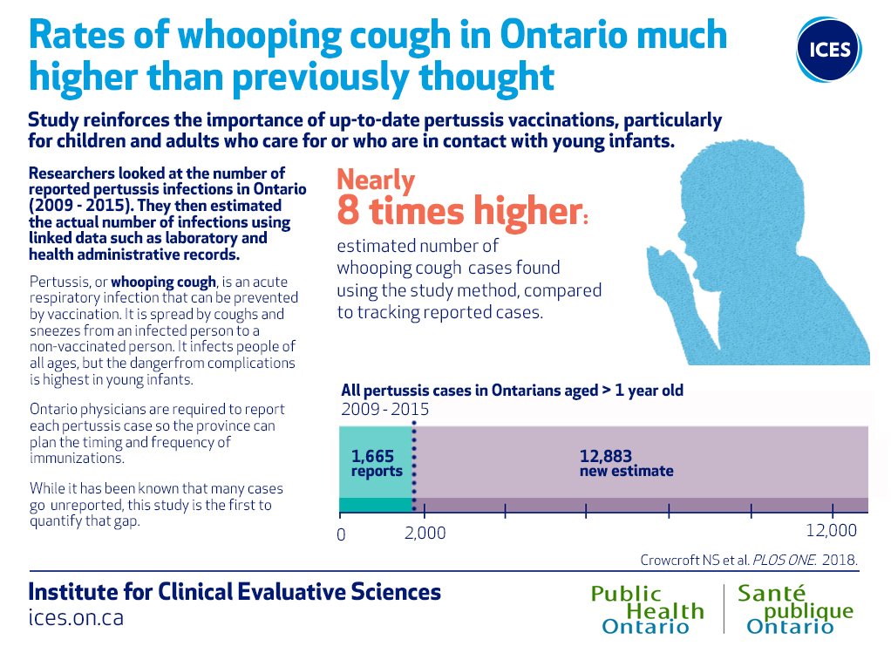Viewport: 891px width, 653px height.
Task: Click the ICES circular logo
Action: (829, 49)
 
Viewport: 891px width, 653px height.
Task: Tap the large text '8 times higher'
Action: (457, 212)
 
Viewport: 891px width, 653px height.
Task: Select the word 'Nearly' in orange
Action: (376, 180)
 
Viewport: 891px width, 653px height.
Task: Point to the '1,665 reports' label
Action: (377, 463)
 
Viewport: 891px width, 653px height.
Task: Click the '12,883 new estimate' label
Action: (626, 463)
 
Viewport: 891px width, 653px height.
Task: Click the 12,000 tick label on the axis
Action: (830, 532)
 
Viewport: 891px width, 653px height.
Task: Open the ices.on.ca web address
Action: (76, 617)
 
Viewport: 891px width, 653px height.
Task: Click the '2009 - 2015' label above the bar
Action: (384, 410)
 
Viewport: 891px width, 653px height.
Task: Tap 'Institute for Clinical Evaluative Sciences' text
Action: (235, 592)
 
